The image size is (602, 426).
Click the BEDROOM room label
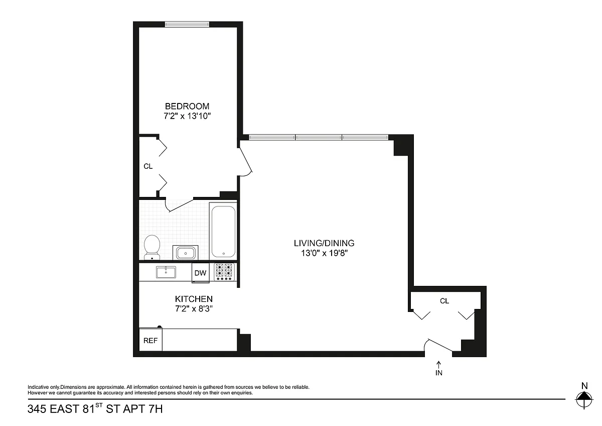187,106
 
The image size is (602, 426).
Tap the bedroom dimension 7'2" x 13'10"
187,116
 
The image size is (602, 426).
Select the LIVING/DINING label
324,243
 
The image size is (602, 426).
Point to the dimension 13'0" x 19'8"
325,253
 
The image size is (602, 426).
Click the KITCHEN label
194,299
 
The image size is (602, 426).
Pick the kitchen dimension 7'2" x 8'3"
194,308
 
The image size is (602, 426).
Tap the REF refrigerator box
150,340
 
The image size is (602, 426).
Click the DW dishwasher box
201,273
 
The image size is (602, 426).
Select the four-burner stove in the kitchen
224,272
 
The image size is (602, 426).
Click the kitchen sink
166,272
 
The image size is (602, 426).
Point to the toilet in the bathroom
152,247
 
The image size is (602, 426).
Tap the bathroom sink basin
186,253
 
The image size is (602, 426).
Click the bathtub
223,232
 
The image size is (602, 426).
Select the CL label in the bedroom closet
148,166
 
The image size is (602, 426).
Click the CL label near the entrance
444,301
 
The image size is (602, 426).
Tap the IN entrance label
438,373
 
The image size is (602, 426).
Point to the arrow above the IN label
438,365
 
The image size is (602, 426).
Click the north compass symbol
584,399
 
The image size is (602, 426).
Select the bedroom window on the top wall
187,25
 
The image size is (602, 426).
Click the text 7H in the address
156,409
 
